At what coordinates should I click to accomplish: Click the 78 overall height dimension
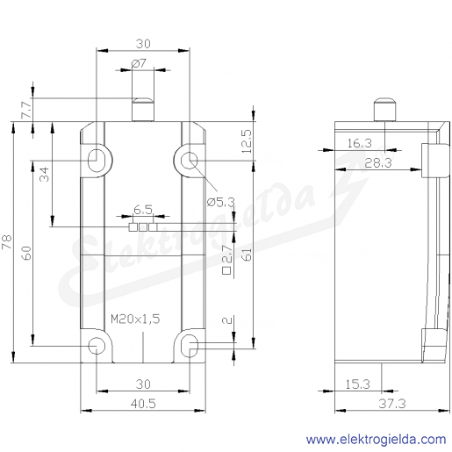[x=7, y=241]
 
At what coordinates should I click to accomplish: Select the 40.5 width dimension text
[x=143, y=404]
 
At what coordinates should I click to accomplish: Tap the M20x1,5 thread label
[x=135, y=319]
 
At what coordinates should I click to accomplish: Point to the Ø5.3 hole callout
[x=221, y=202]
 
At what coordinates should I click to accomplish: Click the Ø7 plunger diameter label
[x=139, y=63]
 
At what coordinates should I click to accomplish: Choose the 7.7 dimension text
[x=26, y=110]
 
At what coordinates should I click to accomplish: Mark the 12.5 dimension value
[x=247, y=141]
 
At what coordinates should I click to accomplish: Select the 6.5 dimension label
[x=143, y=210]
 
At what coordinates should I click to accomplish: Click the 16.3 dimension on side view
[x=360, y=143]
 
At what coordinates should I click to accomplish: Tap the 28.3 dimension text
[x=378, y=163]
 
